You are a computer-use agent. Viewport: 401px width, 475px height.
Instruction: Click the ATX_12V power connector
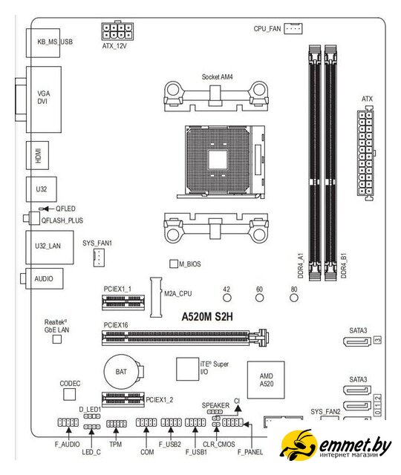click(x=117, y=30)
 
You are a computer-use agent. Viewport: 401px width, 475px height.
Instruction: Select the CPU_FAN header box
click(x=293, y=28)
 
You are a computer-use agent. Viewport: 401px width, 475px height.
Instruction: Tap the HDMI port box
click(x=37, y=155)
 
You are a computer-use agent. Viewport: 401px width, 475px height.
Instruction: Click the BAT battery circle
click(x=121, y=372)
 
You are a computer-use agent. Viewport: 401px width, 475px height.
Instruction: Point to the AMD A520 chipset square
click(x=266, y=380)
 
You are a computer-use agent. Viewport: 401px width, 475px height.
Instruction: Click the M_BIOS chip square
click(x=174, y=263)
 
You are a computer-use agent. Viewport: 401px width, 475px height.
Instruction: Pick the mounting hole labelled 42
click(x=227, y=298)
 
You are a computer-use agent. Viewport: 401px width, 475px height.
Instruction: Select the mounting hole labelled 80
click(x=294, y=298)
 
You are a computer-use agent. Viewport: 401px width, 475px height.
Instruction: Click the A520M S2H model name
click(x=207, y=317)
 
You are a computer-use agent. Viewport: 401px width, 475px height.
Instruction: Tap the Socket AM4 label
click(x=218, y=77)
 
